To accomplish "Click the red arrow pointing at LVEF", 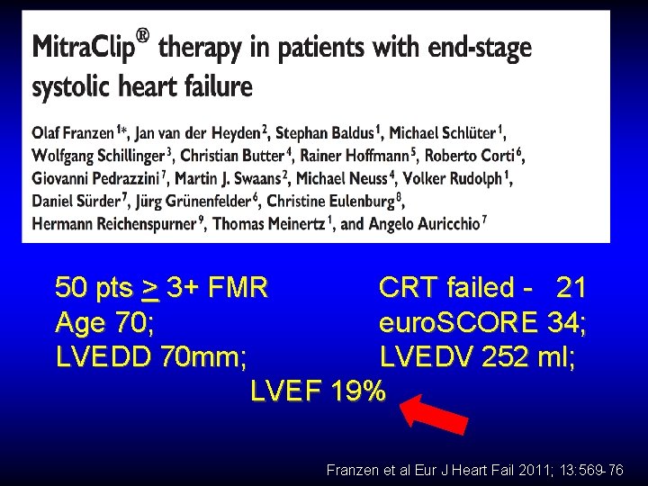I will pyautogui.click(x=434, y=418).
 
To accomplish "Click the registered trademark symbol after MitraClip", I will pyautogui.click(x=141, y=38).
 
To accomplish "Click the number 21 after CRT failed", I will pyautogui.click(x=571, y=288).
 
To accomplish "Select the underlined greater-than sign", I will pyautogui.click(x=150, y=288).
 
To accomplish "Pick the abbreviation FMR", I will pyautogui.click(x=237, y=288).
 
